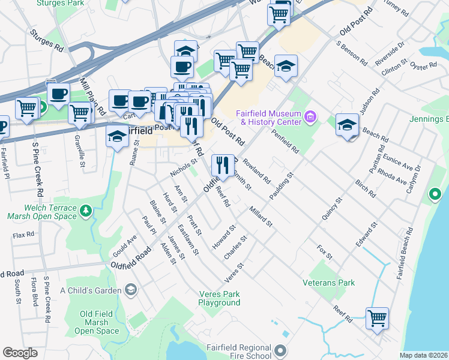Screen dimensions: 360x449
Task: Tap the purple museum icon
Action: tap(310, 116)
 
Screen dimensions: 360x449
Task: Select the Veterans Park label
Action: tap(328, 283)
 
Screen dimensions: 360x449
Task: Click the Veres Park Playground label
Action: tap(219, 298)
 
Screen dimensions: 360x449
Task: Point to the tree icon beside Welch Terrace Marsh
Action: tap(86, 211)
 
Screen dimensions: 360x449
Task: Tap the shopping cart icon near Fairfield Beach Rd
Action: tap(377, 317)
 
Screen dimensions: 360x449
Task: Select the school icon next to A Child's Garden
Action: tap(130, 290)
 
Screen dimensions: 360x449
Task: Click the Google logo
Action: tap(20, 353)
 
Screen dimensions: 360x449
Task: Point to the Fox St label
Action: tap(325, 253)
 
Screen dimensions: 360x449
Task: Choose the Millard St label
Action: tap(260, 217)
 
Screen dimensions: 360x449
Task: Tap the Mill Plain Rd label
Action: tap(93, 95)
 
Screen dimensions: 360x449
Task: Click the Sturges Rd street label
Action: tap(46, 40)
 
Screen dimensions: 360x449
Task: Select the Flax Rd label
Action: tap(23, 235)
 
